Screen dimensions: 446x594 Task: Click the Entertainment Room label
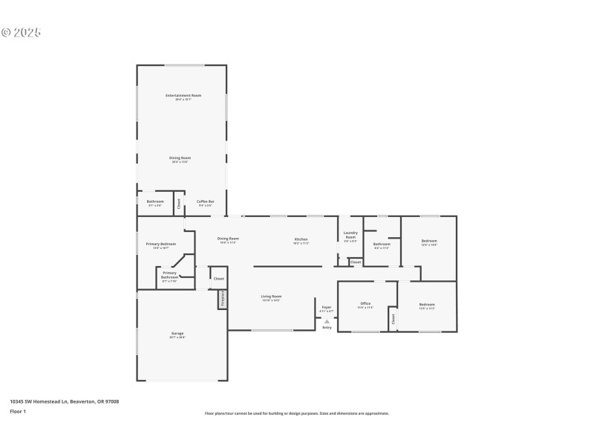click(x=183, y=95)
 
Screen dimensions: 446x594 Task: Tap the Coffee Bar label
click(x=206, y=201)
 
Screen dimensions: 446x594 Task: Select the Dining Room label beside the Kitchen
click(x=228, y=239)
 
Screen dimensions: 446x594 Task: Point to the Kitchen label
click(x=301, y=239)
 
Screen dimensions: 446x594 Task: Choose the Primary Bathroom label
click(x=169, y=275)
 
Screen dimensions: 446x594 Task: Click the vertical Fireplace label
click(x=222, y=298)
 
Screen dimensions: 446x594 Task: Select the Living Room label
click(x=271, y=297)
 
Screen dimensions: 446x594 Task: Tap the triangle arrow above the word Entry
click(x=327, y=321)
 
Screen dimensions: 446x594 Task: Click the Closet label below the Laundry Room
click(x=356, y=262)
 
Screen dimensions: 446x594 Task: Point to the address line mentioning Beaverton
click(x=64, y=401)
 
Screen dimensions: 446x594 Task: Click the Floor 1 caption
click(x=18, y=411)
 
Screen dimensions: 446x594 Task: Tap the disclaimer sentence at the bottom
click(x=297, y=413)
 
